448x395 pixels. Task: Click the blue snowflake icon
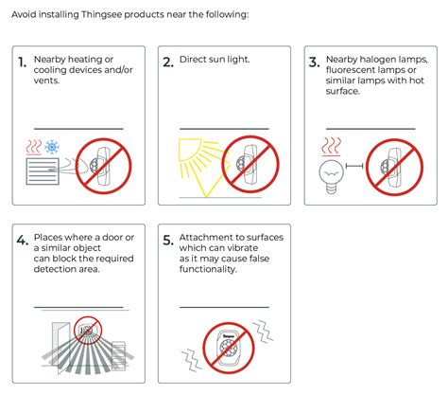(x=52, y=147)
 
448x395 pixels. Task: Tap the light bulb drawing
(x=331, y=176)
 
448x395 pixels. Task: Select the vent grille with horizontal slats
(x=43, y=171)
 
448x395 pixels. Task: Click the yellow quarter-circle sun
(x=189, y=150)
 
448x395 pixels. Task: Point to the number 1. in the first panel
(x=23, y=63)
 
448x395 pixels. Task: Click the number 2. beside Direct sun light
(x=168, y=62)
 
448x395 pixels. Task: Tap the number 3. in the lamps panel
(x=315, y=62)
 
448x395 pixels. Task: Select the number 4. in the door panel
(x=23, y=241)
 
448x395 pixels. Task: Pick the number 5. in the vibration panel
(x=168, y=241)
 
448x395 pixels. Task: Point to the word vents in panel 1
(x=46, y=81)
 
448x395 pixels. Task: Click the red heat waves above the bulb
(x=331, y=147)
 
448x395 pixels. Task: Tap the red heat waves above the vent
(x=34, y=148)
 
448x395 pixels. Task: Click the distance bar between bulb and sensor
(x=354, y=166)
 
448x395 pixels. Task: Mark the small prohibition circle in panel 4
(x=88, y=331)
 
